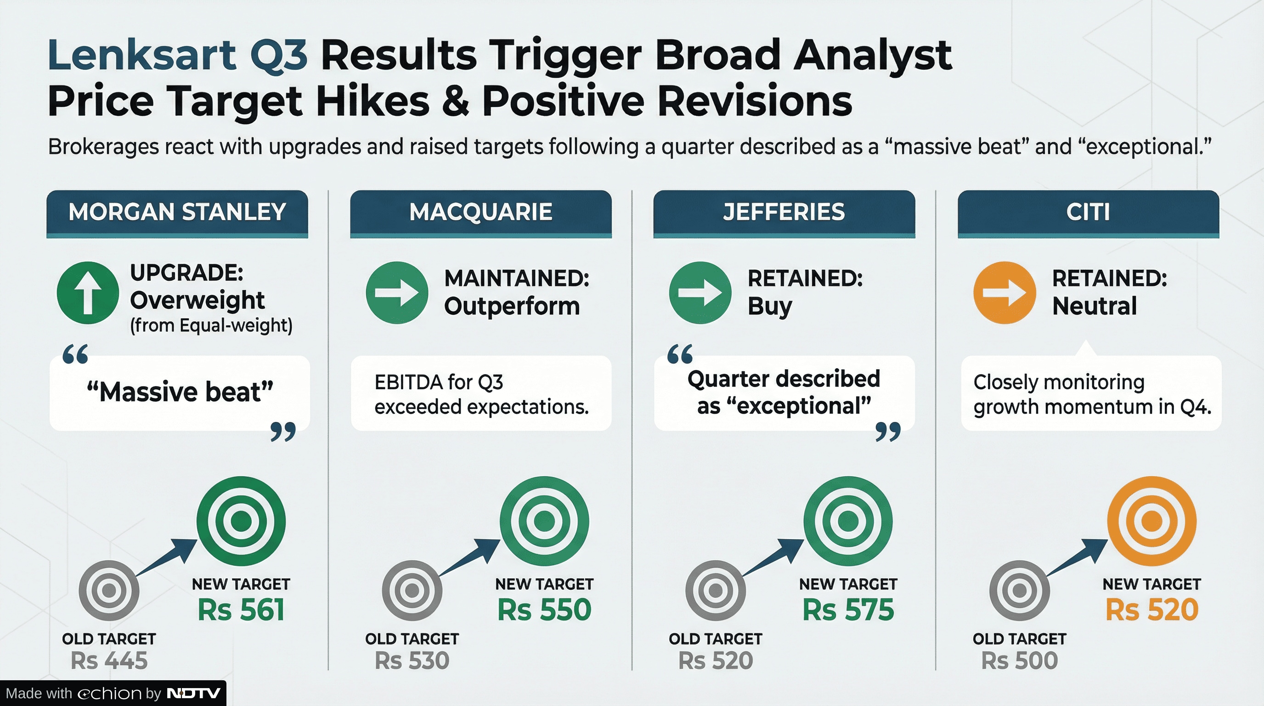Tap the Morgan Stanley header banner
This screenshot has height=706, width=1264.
tap(177, 214)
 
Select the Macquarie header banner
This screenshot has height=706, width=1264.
tap(481, 214)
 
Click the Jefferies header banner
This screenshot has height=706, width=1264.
tap(784, 214)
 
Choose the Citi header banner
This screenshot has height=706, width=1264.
tap(1089, 214)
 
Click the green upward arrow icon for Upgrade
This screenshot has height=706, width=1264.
tap(88, 293)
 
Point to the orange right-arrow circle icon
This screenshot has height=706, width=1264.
tap(1004, 293)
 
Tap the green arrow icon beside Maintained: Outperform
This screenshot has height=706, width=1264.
tap(397, 293)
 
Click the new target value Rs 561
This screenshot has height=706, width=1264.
tap(241, 610)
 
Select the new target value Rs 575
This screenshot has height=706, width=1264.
tap(848, 610)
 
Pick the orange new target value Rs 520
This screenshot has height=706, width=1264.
tap(1151, 610)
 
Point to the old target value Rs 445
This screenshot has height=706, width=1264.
tap(109, 660)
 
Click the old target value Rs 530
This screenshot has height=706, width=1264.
tap(412, 660)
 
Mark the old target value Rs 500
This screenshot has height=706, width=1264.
tap(1019, 660)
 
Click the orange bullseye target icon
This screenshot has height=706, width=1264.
tap(1151, 521)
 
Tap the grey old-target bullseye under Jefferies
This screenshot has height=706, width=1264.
tap(716, 590)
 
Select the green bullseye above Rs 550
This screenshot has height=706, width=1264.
tap(544, 521)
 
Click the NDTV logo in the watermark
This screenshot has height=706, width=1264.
tap(193, 693)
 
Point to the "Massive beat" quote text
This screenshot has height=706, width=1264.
tap(180, 392)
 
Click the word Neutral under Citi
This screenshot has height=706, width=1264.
tap(1095, 306)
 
